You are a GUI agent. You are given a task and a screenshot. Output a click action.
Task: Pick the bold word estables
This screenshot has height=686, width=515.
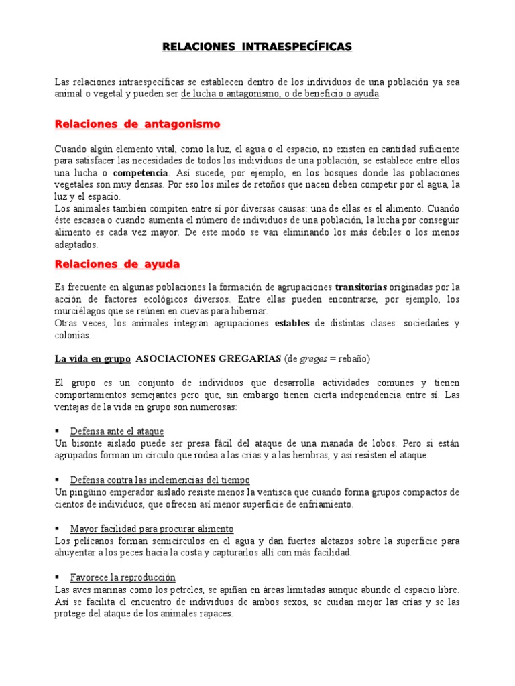pos(292,323)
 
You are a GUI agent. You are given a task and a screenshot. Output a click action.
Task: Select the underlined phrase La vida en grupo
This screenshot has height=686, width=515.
pos(92,358)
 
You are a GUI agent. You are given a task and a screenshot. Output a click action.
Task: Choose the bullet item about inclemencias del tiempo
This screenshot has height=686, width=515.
pos(160,480)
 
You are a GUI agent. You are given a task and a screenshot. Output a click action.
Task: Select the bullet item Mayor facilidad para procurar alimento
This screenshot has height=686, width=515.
pos(152,529)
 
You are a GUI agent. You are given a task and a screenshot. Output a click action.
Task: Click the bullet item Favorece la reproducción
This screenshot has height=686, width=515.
pos(122,577)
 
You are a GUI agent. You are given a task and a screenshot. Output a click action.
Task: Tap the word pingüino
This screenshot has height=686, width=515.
pos(86,492)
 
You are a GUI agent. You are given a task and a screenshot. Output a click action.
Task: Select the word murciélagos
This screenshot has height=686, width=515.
pos(80,311)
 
